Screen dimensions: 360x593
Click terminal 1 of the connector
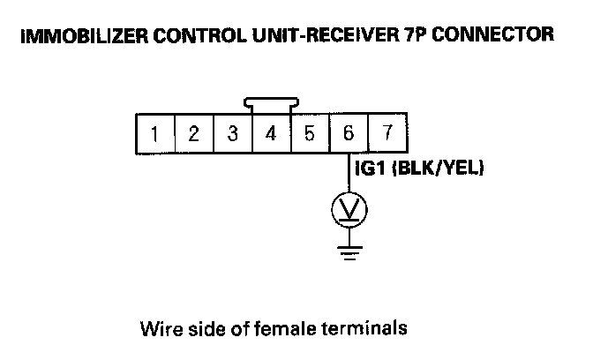click(154, 135)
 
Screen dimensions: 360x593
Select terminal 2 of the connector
click(193, 135)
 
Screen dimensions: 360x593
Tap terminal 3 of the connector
click(232, 135)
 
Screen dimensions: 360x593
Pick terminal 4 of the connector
click(271, 135)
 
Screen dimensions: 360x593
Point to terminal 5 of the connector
click(310, 135)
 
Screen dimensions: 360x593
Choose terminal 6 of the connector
click(349, 135)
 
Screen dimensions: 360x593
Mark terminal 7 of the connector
click(387, 135)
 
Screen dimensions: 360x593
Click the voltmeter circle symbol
click(349, 209)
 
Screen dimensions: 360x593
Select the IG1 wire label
click(371, 170)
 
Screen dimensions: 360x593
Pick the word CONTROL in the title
click(190, 36)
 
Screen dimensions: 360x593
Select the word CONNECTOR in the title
click(492, 36)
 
